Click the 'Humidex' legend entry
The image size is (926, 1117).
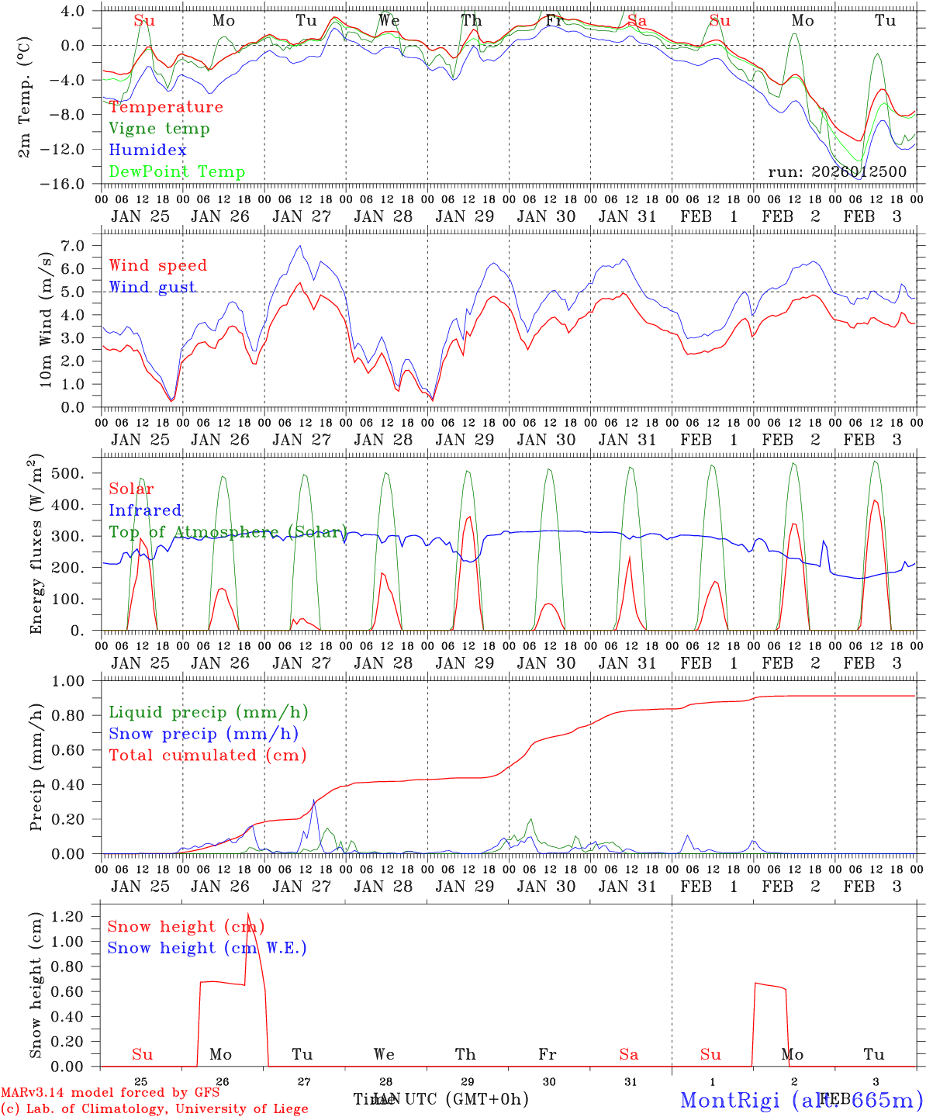pyautogui.click(x=147, y=150)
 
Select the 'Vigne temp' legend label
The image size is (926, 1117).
pyautogui.click(x=159, y=129)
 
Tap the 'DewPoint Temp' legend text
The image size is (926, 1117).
pyautogui.click(x=177, y=172)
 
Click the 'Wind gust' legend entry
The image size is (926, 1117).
pyautogui.click(x=152, y=287)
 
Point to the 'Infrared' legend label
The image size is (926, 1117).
pyautogui.click(x=145, y=510)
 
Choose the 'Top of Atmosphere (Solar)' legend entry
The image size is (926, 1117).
pyautogui.click(x=227, y=532)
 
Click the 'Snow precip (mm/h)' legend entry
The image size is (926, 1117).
pyautogui.click(x=203, y=734)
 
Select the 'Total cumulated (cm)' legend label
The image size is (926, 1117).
pyautogui.click(x=207, y=756)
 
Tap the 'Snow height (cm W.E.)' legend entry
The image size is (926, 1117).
pyautogui.click(x=206, y=948)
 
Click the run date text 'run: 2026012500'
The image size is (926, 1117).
pyautogui.click(x=837, y=171)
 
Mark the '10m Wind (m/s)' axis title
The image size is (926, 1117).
pyautogui.click(x=46, y=319)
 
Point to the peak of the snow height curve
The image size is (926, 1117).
pyautogui.click(x=248, y=915)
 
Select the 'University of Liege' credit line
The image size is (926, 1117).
pyautogui.click(x=154, y=1109)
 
